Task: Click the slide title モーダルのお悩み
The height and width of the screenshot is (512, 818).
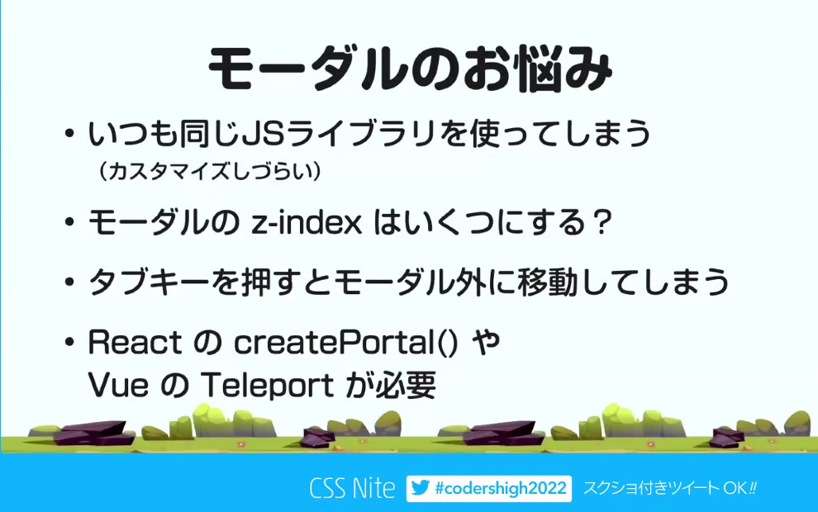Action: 409,69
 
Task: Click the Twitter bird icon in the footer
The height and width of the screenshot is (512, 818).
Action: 421,488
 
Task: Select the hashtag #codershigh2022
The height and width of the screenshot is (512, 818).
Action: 501,488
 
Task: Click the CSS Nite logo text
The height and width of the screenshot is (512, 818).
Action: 352,488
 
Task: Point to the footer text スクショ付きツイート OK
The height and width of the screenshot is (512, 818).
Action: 669,488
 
